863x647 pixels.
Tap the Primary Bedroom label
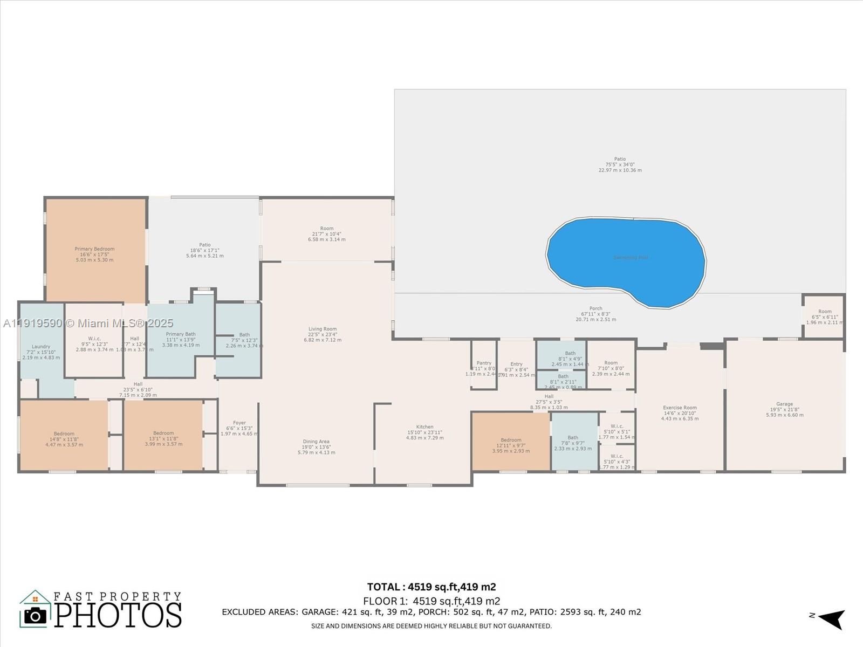pos(94,254)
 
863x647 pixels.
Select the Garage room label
pos(784,409)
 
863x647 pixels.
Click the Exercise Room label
pos(680,413)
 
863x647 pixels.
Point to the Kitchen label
pos(424,432)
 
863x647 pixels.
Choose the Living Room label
pos(323,334)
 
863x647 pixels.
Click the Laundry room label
pos(41,352)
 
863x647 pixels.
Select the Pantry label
pos(484,368)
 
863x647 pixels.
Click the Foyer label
pos(239,428)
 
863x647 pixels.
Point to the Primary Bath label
pos(181,339)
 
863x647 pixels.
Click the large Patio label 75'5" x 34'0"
pos(620,164)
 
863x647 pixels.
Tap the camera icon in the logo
pos(36,615)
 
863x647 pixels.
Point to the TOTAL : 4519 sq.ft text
pos(431,587)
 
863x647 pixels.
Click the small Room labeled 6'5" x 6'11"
pos(824,316)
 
